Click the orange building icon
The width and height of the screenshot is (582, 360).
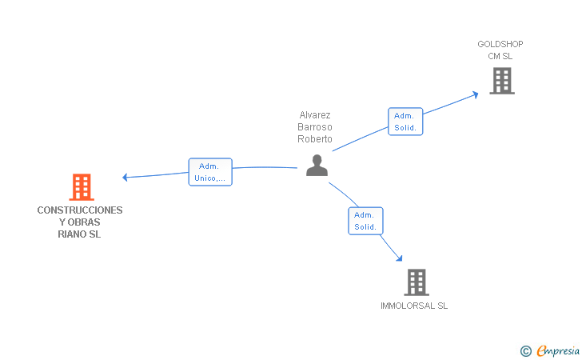[x=81, y=187]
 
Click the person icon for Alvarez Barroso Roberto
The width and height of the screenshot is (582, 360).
[x=317, y=166]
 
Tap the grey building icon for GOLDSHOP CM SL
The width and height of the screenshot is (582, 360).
[x=501, y=81]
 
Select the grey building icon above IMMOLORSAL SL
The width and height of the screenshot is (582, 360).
[x=416, y=282]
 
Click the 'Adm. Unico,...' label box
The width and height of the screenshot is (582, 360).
[x=210, y=172]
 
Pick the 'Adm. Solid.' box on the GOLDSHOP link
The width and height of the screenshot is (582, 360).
[x=405, y=122]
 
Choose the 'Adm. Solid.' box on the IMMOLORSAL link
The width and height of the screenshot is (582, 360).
[x=365, y=221]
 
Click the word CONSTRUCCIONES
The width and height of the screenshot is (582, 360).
[x=80, y=210]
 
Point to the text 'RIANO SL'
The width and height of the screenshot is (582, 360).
[x=80, y=234]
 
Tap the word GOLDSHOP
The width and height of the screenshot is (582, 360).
[x=500, y=44]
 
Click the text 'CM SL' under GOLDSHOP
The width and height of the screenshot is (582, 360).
[x=500, y=56]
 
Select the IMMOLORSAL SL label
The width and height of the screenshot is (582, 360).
[x=414, y=306]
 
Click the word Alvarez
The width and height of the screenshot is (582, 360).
[x=315, y=115]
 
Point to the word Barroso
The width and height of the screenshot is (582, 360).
[x=315, y=127]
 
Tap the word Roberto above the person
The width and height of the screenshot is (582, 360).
[x=315, y=138]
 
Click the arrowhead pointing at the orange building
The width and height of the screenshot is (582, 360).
[x=125, y=176]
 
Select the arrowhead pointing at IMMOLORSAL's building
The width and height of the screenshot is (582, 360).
[x=398, y=258]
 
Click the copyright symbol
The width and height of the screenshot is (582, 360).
[x=525, y=350]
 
